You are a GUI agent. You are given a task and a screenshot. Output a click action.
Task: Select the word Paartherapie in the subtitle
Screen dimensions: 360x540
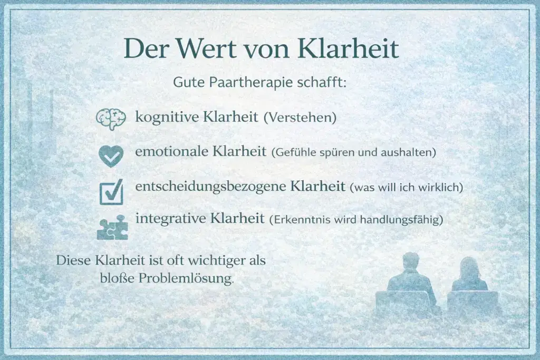pos(244,83)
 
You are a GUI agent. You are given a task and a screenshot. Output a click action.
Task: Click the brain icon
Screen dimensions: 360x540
pos(110,118)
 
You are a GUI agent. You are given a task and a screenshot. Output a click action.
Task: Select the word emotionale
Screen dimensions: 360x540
pos(171,152)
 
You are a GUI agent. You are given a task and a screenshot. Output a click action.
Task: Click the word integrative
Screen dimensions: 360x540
pos(170,218)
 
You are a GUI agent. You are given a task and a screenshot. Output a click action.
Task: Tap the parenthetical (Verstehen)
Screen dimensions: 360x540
pos(300,118)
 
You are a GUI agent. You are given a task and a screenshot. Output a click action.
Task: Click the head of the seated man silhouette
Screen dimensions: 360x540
pos(410,261)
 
